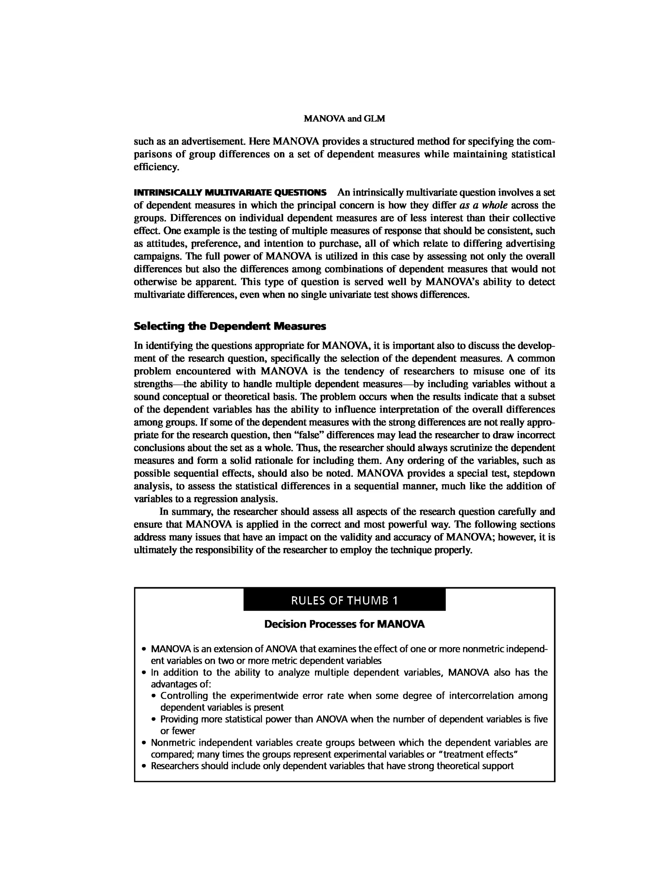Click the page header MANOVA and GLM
tap(345, 119)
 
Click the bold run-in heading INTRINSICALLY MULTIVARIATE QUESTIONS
tap(230, 193)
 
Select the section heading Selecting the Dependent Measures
tap(230, 327)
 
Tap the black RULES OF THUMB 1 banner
tap(345, 601)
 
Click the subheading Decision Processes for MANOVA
tap(345, 624)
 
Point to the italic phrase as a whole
tap(483, 205)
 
